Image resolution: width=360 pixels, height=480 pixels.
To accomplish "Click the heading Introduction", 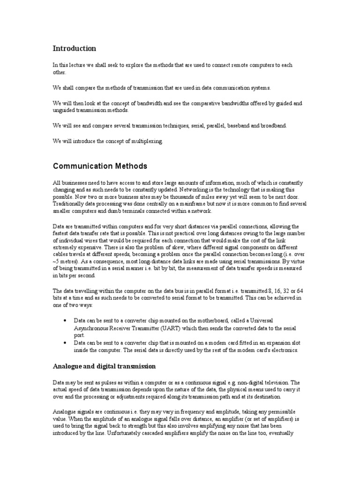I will point(75,48).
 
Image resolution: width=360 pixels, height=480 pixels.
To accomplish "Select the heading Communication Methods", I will point(100,166).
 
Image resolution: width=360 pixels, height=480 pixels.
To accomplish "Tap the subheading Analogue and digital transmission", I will point(104,366).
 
